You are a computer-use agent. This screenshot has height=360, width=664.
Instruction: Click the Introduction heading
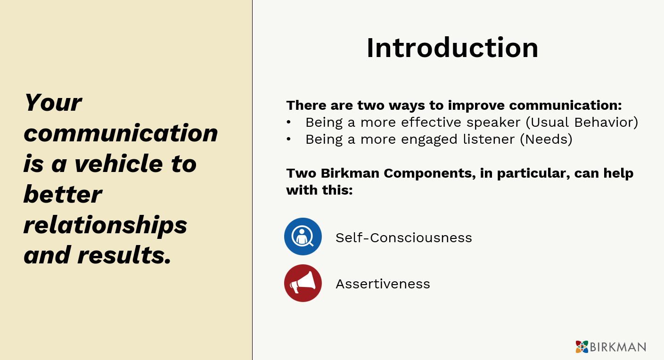click(x=452, y=48)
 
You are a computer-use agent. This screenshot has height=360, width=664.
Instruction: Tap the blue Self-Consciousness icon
click(x=303, y=237)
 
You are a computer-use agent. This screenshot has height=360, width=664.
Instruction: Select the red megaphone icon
click(x=303, y=283)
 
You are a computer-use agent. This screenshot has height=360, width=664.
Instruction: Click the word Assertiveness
click(x=383, y=284)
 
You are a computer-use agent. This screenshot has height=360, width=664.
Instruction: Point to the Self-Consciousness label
click(x=404, y=237)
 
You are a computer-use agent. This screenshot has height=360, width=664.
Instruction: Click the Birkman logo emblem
click(x=582, y=347)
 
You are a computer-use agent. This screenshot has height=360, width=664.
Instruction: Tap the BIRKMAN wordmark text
click(x=618, y=347)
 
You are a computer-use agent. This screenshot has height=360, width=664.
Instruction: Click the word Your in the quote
click(x=53, y=103)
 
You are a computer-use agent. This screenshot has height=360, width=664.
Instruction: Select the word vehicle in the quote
click(x=118, y=164)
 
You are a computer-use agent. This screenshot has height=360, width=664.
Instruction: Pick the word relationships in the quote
click(x=105, y=226)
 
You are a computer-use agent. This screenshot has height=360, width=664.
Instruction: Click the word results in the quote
click(x=124, y=255)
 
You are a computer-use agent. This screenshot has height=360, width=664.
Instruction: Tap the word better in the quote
click(x=63, y=194)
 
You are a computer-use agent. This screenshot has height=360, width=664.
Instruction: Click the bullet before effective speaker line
click(x=289, y=123)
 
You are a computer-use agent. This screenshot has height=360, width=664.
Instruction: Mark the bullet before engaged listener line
click(x=289, y=139)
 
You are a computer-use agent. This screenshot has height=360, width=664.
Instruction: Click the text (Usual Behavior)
click(x=582, y=123)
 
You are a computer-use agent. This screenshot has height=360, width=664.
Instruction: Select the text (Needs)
click(x=546, y=139)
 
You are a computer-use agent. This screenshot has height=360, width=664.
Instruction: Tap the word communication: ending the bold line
click(x=566, y=105)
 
